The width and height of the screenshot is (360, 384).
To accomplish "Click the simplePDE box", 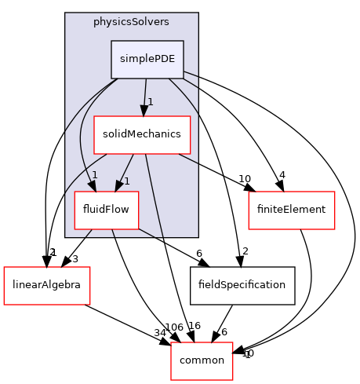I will [x=147, y=60].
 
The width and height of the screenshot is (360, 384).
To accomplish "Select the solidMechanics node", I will [x=142, y=134].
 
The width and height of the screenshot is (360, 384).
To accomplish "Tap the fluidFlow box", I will [x=107, y=209].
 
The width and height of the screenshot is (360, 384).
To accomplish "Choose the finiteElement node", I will [x=292, y=209].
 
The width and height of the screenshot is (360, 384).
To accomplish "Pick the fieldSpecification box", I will [x=242, y=283].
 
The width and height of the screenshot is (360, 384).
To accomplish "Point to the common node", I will [x=202, y=359].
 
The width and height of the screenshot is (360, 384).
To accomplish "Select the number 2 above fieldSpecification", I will [x=245, y=251].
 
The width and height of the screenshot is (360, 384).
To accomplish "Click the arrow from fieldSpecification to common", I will [x=221, y=323].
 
